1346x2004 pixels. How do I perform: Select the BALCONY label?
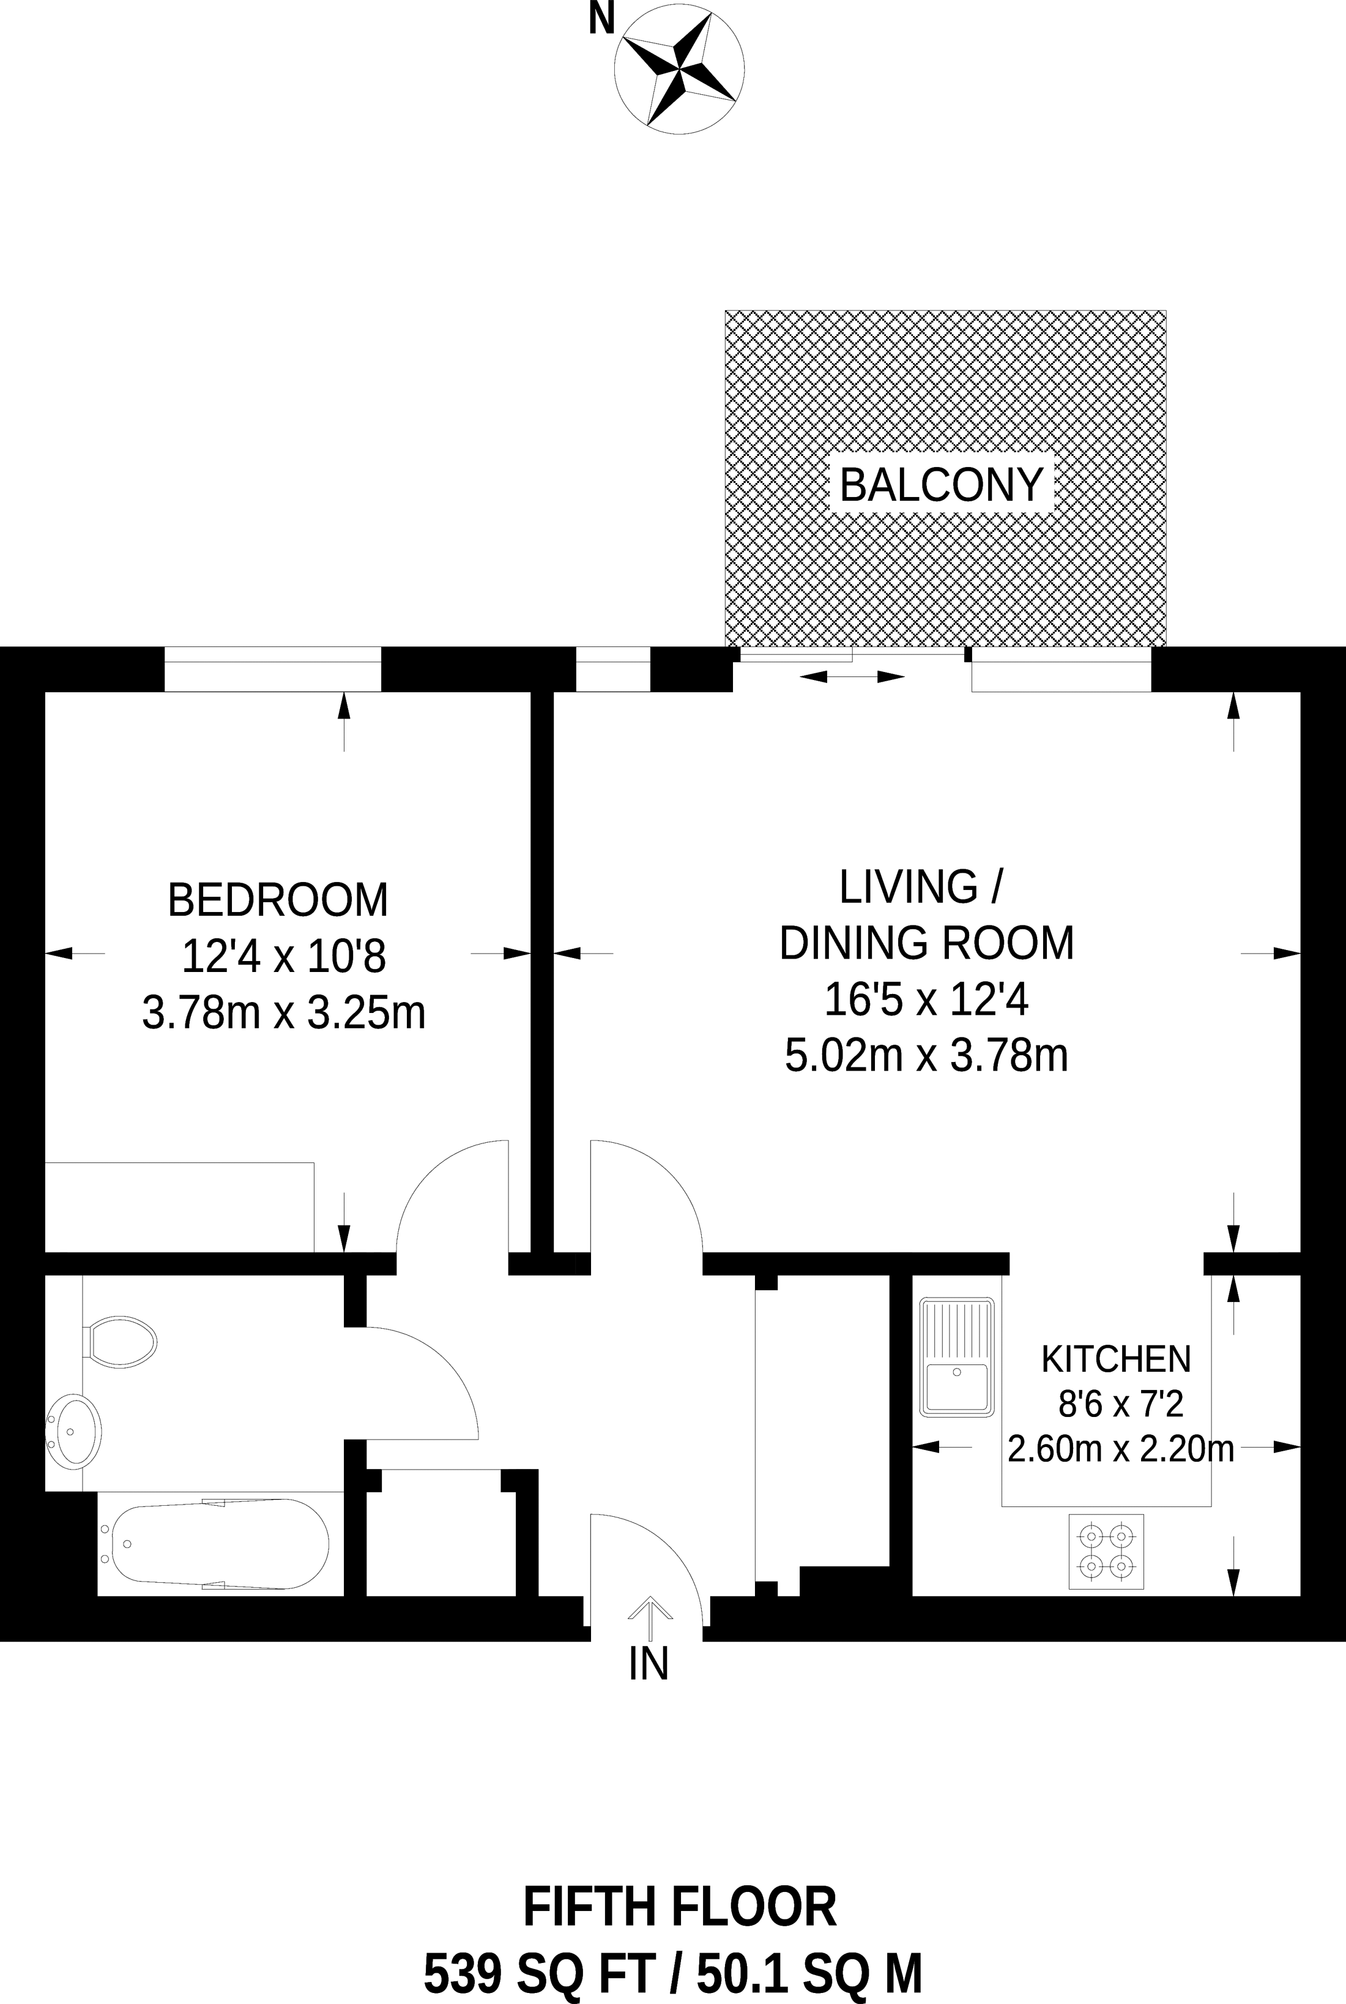pyautogui.click(x=942, y=485)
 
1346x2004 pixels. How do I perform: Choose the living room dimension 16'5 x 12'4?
pyautogui.click(x=926, y=1000)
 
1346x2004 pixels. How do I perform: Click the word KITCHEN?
pyautogui.click(x=1116, y=1359)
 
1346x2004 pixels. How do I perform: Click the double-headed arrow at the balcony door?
pyautogui.click(x=852, y=678)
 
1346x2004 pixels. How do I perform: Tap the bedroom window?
pyautogui.click(x=272, y=669)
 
